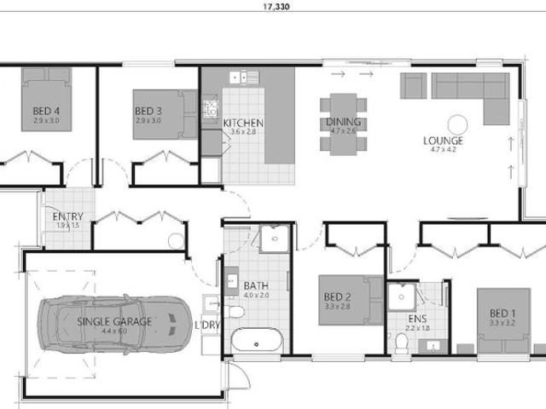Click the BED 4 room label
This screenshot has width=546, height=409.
[x=46, y=111]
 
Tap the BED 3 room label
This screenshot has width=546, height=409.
[x=148, y=111]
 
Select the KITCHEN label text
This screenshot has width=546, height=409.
[x=243, y=123]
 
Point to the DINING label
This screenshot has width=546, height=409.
[x=343, y=123]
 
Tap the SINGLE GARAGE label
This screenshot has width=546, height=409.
[x=114, y=321]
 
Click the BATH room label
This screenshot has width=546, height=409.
[x=256, y=285]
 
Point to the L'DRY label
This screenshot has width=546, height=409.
[x=208, y=325]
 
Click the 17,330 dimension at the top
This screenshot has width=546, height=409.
[x=273, y=5]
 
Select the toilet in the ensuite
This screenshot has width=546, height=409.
[x=402, y=342]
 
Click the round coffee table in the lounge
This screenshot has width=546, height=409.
[x=456, y=122]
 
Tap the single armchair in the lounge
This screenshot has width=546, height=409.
[x=414, y=84]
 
